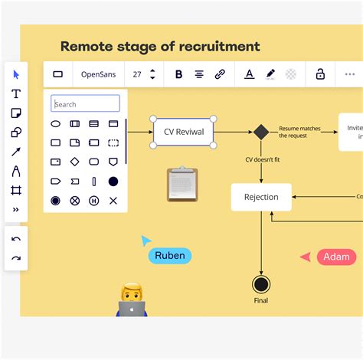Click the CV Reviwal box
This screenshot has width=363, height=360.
[183, 132]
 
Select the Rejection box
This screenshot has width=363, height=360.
[261, 197]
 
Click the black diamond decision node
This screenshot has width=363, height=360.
[261, 132]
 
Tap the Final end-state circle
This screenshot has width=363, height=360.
[261, 284]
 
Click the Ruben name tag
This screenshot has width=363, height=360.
[169, 256]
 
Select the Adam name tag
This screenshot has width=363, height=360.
[336, 257]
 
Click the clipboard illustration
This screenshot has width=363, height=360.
[182, 185]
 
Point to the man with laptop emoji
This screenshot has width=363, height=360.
[132, 300]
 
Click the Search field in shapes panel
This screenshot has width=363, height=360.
[85, 104]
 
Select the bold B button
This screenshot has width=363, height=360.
[178, 74]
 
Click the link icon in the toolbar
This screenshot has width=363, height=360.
[220, 74]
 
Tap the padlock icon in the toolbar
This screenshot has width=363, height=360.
[320, 74]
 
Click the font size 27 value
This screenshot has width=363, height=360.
[137, 74]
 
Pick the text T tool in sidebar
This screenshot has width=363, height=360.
[16, 93]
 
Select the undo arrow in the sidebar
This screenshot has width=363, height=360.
[16, 239]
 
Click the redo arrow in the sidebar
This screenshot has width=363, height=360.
[16, 258]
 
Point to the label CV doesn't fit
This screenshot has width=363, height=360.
[262, 159]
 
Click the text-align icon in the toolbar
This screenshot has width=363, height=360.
[199, 74]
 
